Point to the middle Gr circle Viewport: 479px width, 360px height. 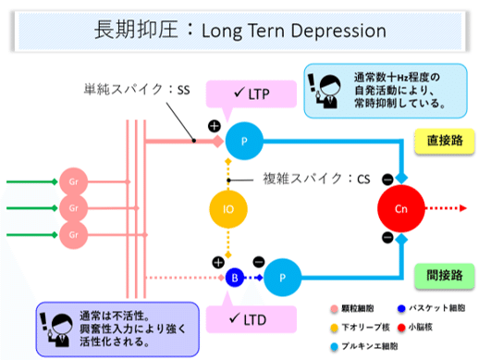click(72, 205)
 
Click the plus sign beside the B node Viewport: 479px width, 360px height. click(218, 262)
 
